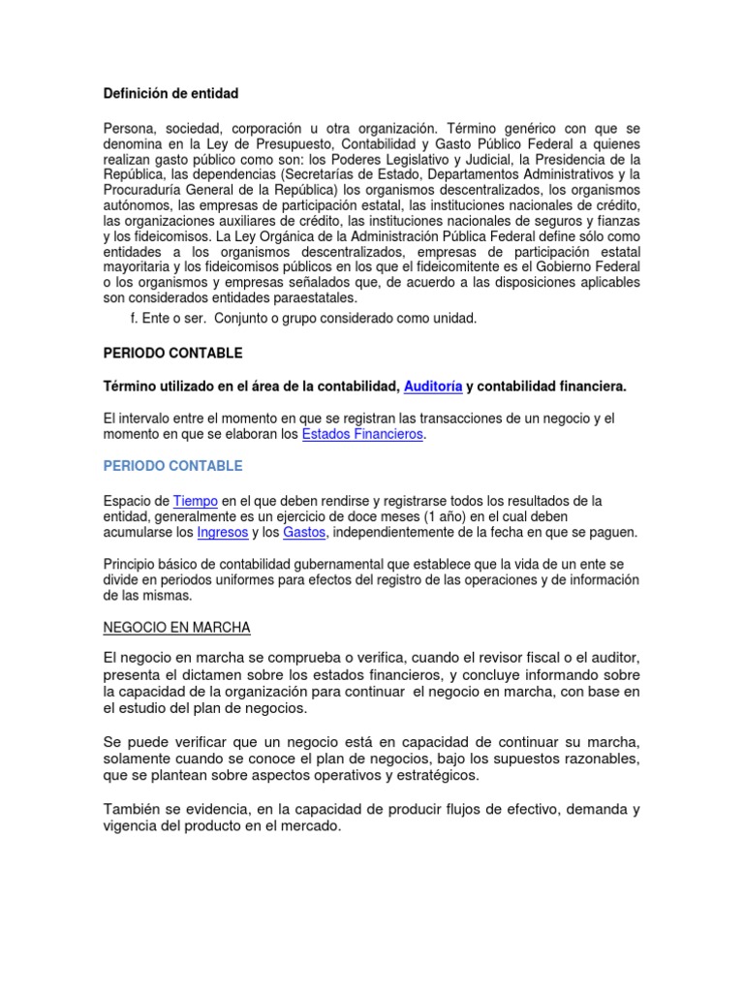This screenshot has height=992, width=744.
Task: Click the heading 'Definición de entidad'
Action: (x=170, y=94)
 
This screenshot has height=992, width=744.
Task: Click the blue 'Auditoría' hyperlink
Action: (x=432, y=387)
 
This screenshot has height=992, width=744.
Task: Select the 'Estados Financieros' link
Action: (x=362, y=435)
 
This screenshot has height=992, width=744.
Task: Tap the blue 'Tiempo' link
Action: (x=196, y=501)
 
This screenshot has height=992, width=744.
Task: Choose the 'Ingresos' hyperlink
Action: (x=222, y=532)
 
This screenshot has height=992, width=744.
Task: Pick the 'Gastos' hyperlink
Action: (x=304, y=532)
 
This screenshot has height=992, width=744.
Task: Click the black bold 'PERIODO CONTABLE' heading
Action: (x=173, y=353)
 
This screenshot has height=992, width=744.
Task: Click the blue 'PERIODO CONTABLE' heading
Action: (x=173, y=466)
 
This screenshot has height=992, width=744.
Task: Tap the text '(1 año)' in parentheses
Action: (x=414, y=516)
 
